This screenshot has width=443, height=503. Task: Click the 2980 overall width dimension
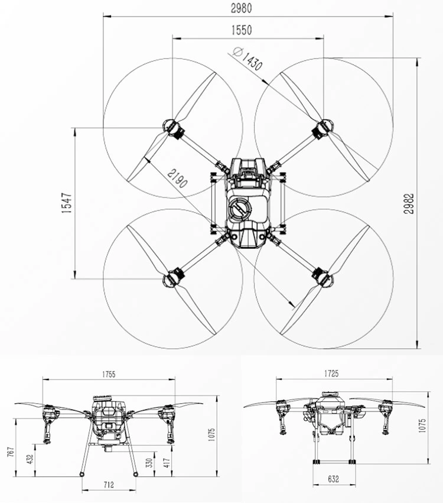click(242, 8)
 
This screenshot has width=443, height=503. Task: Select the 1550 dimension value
click(242, 30)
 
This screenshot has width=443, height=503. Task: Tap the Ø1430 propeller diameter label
click(248, 59)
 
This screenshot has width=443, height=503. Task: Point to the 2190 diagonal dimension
click(177, 179)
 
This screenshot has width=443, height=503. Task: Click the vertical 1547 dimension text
click(67, 203)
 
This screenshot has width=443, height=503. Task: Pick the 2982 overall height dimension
click(409, 203)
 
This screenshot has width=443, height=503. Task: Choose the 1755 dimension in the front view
click(109, 374)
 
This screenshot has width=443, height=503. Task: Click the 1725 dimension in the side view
click(331, 374)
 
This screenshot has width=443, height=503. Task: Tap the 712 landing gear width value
click(109, 485)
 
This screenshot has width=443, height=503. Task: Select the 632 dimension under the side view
click(333, 479)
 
